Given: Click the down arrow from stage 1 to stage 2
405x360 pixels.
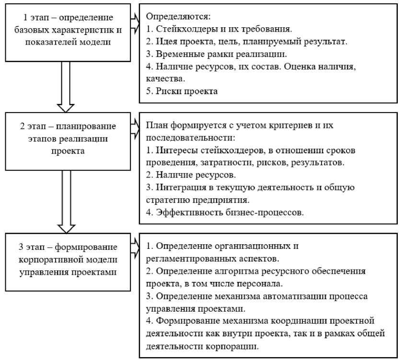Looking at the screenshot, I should [x=65, y=86].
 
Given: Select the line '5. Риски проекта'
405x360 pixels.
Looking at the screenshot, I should [x=182, y=91].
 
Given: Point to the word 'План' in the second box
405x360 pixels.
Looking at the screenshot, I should [x=156, y=126].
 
